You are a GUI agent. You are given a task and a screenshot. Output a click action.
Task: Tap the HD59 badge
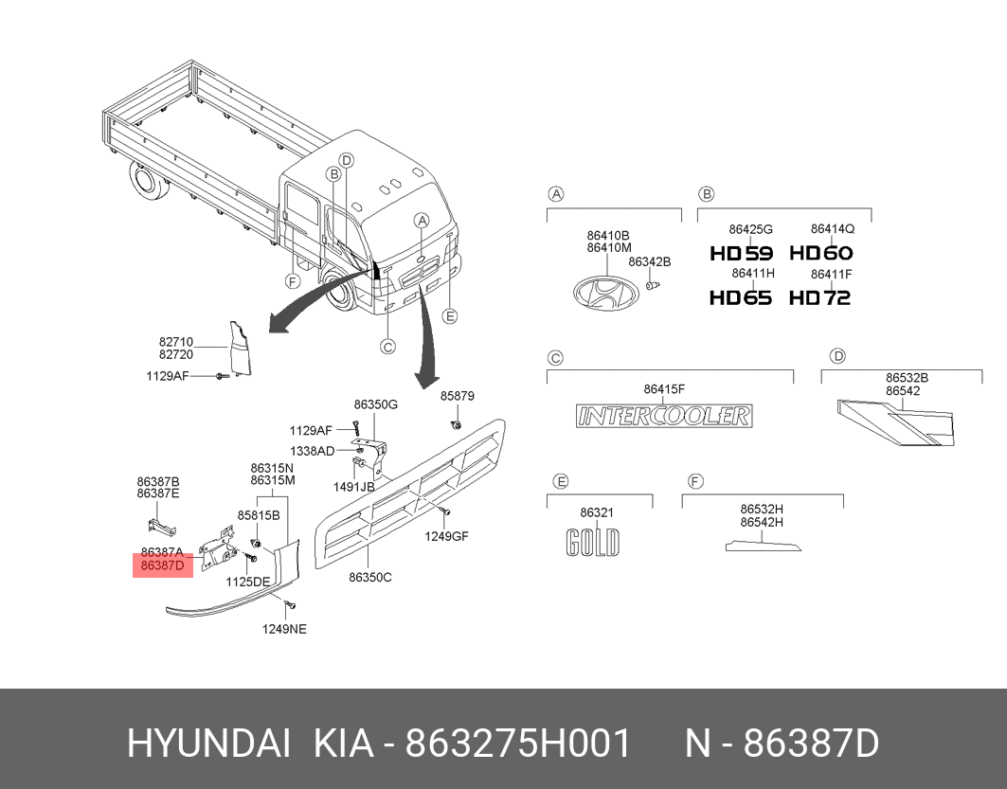coord(742,254)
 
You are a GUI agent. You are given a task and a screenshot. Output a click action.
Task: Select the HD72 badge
coord(820,297)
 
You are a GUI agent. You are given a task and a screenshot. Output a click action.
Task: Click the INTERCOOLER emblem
coord(664,416)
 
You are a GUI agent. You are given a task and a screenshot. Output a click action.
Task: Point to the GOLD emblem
coord(593,543)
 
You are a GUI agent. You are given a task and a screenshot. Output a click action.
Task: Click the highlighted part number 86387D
coord(163,565)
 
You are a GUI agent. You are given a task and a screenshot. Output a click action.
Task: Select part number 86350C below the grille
coord(369,577)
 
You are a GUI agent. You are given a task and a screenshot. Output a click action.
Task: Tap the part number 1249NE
coord(284,629)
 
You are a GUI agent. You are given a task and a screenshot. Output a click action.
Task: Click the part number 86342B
coord(649,262)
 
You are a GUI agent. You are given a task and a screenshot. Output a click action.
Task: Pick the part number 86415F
coord(664,389)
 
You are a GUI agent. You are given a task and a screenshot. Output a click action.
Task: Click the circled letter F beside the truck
coord(293,281)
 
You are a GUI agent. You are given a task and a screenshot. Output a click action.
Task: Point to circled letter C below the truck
coord(387,347)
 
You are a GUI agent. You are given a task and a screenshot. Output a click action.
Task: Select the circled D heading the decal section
coord(837,355)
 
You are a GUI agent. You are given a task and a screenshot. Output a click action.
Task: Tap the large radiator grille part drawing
coord(410,493)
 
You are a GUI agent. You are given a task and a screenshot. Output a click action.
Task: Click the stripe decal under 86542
coord(896,421)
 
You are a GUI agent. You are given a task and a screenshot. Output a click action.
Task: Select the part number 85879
coord(458,396)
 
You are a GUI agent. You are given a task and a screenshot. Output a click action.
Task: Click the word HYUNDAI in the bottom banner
coord(208,744)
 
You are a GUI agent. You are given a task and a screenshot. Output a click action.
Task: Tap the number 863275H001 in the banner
coord(518,744)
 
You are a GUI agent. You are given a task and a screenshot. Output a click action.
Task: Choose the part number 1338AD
coord(312,451)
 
